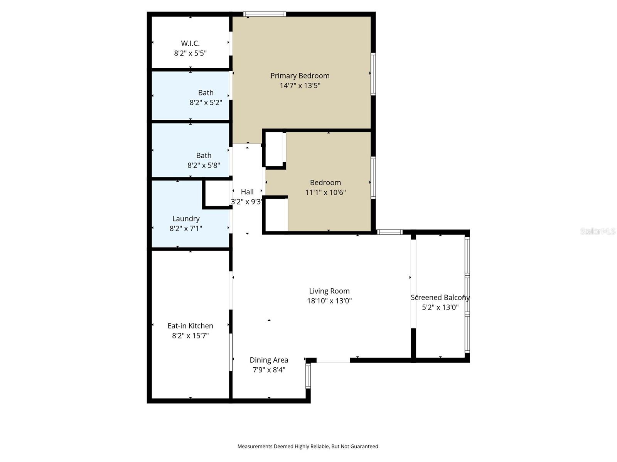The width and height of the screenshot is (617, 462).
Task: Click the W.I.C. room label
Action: click(x=190, y=44)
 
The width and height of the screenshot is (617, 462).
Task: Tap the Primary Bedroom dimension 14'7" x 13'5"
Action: click(x=300, y=85)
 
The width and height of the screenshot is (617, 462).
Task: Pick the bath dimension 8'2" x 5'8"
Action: click(x=204, y=166)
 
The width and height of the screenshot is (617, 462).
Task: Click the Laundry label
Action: click(x=186, y=219)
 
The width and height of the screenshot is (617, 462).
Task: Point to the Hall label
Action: click(x=247, y=192)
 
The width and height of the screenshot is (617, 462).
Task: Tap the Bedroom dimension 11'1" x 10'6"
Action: click(x=325, y=192)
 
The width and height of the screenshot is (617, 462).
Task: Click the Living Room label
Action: click(x=329, y=291)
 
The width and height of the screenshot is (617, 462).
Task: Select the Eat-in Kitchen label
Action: click(x=190, y=326)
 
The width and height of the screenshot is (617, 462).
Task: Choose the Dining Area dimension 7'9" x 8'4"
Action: click(x=269, y=370)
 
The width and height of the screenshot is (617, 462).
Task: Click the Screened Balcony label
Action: click(x=440, y=298)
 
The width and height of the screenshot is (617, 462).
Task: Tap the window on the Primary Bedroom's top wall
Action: click(x=265, y=14)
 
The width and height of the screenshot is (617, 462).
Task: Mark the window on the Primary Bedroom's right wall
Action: click(x=373, y=74)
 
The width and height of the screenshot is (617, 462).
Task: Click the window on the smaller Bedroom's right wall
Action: click(x=373, y=177)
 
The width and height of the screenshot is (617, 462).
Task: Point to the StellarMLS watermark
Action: click(x=598, y=231)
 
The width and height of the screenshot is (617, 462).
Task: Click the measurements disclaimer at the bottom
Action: click(x=308, y=447)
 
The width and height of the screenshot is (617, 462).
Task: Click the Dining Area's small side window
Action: click(x=308, y=376)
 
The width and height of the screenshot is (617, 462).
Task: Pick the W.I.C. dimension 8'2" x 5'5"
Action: click(x=190, y=53)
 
